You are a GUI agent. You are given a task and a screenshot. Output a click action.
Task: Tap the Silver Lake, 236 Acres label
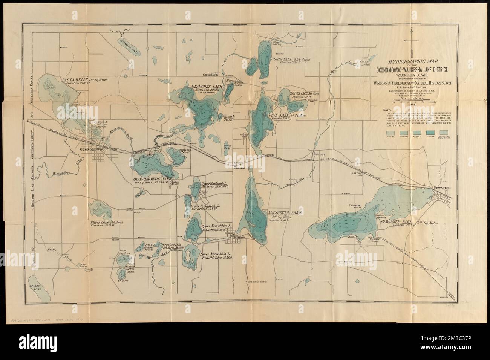point(107,222)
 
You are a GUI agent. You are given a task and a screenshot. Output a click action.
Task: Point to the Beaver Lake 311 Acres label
point(303,93)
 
